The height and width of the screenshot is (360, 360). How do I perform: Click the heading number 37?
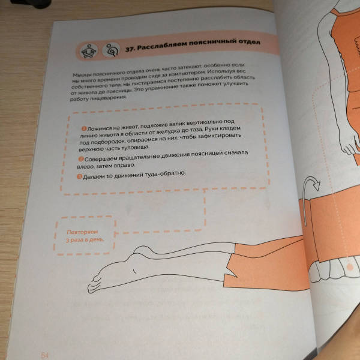[x=130, y=49]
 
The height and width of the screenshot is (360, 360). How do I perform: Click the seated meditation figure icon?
[x=88, y=51]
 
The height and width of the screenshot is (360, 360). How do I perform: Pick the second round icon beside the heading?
[x=112, y=50]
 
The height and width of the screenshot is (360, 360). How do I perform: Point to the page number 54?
[x=45, y=356]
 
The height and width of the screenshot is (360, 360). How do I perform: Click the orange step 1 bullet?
[x=84, y=128]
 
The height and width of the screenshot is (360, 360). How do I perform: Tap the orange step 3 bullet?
[x=79, y=176]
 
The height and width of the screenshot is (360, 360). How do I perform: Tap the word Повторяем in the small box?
[x=82, y=232]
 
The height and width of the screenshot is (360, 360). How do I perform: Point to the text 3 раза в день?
[x=85, y=240]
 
